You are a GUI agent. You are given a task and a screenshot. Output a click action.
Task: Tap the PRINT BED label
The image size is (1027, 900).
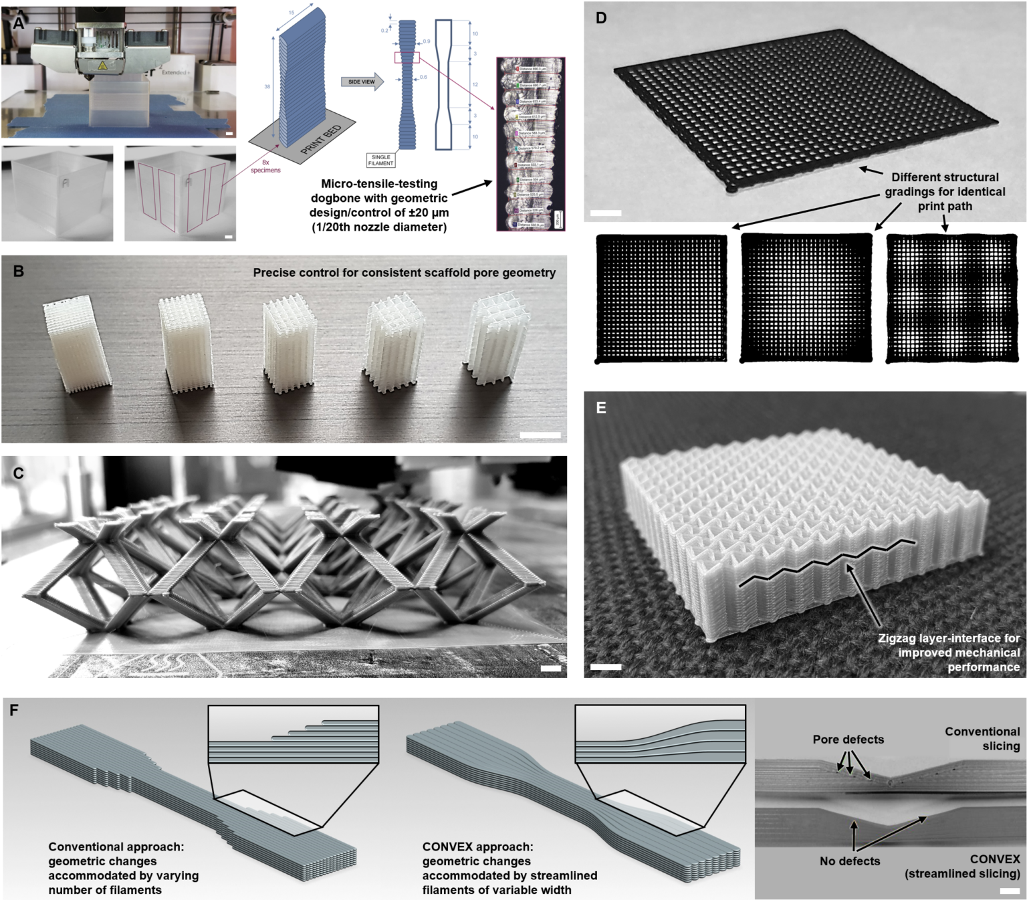(x=320, y=140)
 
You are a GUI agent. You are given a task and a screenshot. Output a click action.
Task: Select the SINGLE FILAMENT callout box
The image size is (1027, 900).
(x=380, y=160)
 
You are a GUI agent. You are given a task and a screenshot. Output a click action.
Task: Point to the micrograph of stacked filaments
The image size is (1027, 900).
(x=530, y=144)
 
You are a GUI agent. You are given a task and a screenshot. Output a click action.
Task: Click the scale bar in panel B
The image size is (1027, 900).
(x=540, y=435)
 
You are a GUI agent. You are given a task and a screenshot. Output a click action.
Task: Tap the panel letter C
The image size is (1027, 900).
(x=18, y=473)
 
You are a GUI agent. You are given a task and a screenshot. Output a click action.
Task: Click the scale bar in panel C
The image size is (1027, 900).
(x=550, y=668)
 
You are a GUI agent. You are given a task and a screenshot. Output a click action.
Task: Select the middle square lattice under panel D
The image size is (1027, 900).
(x=806, y=298)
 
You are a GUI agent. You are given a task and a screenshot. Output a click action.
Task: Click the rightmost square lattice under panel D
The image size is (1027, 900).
(x=951, y=298)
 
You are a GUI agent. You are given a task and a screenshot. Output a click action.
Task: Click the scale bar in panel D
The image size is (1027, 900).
(x=606, y=213)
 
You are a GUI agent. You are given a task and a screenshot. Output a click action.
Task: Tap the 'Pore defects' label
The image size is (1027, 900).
(x=848, y=740)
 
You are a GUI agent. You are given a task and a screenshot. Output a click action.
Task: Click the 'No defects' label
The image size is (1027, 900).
(x=850, y=861)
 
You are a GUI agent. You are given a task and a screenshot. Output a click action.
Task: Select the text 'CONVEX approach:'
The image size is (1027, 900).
(x=477, y=847)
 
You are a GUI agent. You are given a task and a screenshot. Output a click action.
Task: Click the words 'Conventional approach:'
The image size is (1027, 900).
(x=116, y=847)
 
